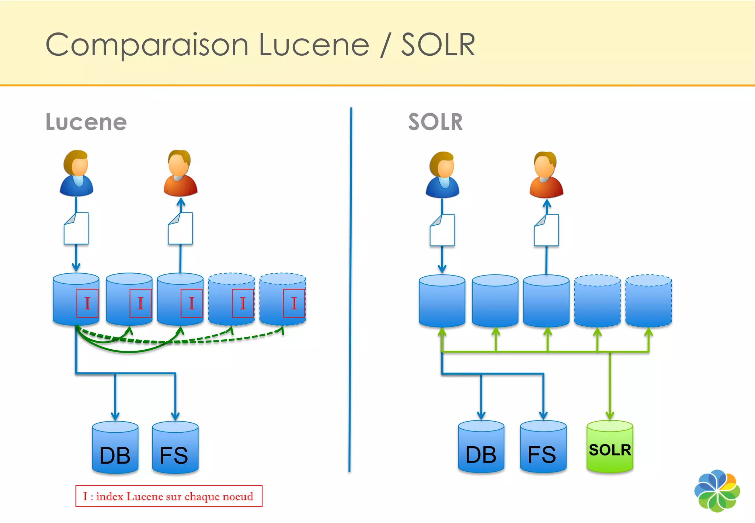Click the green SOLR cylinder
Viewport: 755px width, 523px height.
(x=610, y=447)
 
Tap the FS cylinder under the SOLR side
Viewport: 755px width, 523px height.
(x=543, y=447)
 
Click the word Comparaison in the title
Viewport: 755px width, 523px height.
(x=147, y=45)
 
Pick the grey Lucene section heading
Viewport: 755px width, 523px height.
(x=86, y=122)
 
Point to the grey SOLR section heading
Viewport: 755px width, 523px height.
(x=435, y=122)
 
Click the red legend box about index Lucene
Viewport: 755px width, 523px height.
(x=169, y=496)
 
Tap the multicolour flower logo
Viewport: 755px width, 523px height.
(x=717, y=491)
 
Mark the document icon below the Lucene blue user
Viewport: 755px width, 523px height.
(x=76, y=228)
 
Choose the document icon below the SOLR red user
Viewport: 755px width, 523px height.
(x=546, y=230)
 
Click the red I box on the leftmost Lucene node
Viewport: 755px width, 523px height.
(x=87, y=304)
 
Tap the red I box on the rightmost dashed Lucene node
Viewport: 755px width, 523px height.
(x=294, y=304)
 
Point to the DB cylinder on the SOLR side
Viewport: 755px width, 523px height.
(x=481, y=447)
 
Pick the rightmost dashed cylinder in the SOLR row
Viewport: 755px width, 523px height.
(x=648, y=301)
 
